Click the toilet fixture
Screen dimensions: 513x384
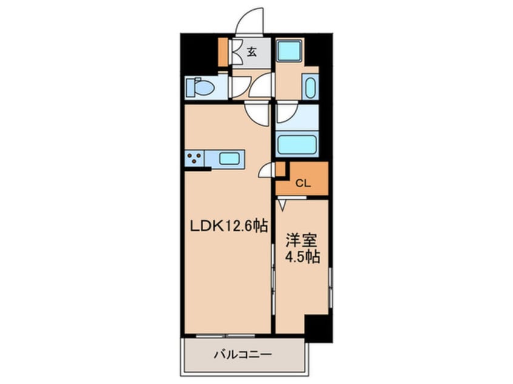[x=199, y=87]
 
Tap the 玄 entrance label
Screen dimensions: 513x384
[x=251, y=52]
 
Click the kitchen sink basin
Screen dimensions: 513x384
[x=229, y=159]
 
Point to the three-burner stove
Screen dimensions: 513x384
[x=194, y=159]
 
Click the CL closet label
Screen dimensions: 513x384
[x=303, y=184]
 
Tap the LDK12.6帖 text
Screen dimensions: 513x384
[x=229, y=225]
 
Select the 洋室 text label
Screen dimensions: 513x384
[x=301, y=241]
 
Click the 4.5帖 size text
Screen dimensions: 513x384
[x=303, y=257]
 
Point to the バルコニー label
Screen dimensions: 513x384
[x=243, y=354]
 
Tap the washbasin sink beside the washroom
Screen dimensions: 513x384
[x=310, y=86]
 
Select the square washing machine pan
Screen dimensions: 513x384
[x=289, y=50]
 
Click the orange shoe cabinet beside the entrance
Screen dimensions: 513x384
[x=223, y=52]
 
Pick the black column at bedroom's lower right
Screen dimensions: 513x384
[x=318, y=328]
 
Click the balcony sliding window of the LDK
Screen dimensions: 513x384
[x=226, y=336]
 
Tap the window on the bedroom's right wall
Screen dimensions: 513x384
[x=330, y=288]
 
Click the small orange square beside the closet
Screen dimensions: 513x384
[x=281, y=169]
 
